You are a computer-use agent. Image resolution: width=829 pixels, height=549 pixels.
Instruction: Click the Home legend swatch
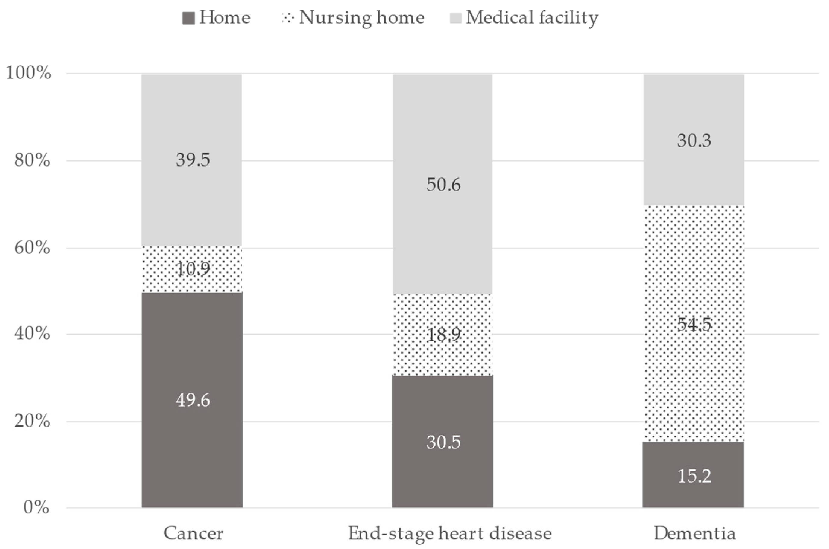click(x=188, y=18)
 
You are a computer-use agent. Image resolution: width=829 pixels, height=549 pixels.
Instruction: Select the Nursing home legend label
click(x=361, y=17)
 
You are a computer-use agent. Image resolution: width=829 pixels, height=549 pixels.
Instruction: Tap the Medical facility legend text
click(x=531, y=17)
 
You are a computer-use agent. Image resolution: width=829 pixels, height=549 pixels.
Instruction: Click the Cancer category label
click(x=193, y=534)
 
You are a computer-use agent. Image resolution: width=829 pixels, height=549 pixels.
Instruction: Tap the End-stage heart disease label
click(x=450, y=534)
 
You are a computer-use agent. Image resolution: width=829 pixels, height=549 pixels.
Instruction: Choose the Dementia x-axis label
click(x=694, y=534)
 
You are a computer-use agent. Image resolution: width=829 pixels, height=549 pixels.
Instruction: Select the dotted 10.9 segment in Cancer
click(x=192, y=269)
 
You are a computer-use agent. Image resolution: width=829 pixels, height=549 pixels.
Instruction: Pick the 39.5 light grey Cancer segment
click(x=192, y=160)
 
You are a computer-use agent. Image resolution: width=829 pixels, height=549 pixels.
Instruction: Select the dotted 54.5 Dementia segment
click(x=694, y=324)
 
